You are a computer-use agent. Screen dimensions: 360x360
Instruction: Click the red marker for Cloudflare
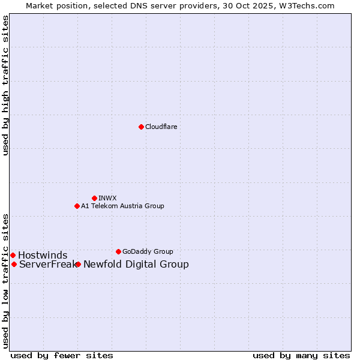click(141, 127)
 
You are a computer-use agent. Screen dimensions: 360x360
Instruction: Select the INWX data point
click(94, 198)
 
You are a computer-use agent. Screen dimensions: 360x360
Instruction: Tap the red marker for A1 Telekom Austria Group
click(77, 206)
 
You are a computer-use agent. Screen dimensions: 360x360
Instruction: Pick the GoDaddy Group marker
click(118, 251)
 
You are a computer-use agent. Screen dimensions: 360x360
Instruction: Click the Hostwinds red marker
click(13, 255)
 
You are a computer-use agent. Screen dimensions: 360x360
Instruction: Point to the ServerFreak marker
click(14, 264)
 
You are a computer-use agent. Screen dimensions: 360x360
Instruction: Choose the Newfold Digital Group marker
click(78, 264)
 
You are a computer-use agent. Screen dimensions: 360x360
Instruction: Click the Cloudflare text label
click(161, 127)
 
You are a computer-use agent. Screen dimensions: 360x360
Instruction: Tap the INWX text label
click(107, 198)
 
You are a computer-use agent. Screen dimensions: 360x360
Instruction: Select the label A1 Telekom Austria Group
click(122, 206)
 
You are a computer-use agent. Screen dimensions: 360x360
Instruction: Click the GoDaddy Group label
click(148, 251)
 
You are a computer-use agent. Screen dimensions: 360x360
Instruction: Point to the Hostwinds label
click(43, 255)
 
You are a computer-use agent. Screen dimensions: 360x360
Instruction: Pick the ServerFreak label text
click(47, 264)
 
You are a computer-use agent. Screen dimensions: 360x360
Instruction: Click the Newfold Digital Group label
click(136, 264)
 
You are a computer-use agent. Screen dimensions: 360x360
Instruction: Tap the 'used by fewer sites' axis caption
click(62, 355)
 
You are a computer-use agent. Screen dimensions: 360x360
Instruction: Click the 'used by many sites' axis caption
click(301, 355)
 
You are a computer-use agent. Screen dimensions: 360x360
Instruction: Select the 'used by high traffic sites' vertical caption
click(5, 85)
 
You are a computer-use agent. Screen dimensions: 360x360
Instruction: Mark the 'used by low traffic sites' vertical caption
click(5, 281)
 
